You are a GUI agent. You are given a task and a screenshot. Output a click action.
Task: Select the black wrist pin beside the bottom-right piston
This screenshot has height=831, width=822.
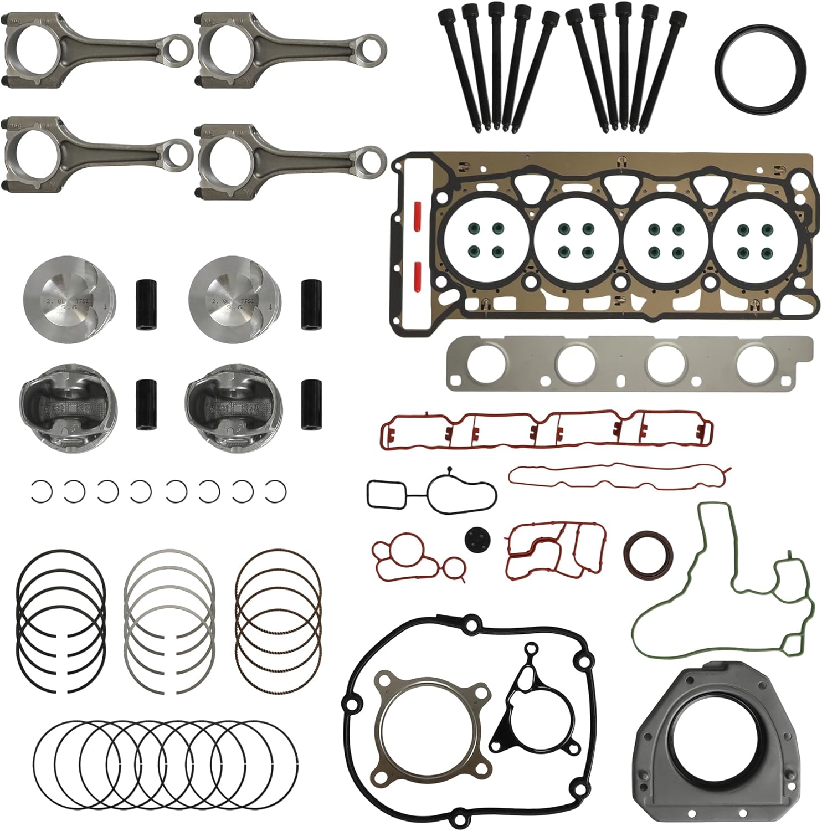pyautogui.click(x=311, y=403)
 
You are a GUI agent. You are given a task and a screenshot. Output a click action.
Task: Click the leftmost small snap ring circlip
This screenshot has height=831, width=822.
pyautogui.click(x=42, y=490)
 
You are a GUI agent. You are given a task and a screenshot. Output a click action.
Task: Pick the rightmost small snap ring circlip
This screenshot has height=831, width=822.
pyautogui.click(x=276, y=490)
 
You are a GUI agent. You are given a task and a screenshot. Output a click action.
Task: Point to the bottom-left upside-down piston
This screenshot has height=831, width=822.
pyautogui.click(x=62, y=406)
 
